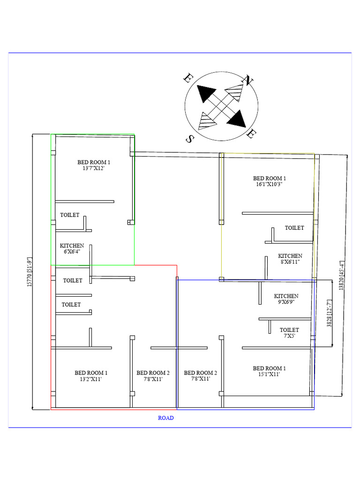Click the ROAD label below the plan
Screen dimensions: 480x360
[x=165, y=418]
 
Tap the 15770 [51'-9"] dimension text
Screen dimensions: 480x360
[x=29, y=272]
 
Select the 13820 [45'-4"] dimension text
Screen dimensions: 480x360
[x=342, y=277]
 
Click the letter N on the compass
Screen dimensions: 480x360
[x=247, y=81]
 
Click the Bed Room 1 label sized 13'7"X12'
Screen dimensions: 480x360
[x=94, y=165]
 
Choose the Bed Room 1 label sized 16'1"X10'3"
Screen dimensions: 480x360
[x=269, y=181]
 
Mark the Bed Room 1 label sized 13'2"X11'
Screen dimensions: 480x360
[x=91, y=376]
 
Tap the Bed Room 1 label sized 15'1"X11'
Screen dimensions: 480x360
[x=269, y=371]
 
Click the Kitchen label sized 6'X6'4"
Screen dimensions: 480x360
[x=72, y=248]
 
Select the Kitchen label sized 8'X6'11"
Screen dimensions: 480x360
[x=290, y=259]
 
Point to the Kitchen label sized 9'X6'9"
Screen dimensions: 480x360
[x=286, y=299]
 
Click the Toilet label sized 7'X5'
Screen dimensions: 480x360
[x=289, y=333]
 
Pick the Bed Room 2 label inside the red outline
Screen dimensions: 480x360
[x=153, y=376]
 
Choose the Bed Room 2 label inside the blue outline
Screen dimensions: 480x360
[x=200, y=376]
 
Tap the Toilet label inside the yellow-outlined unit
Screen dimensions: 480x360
[x=294, y=228]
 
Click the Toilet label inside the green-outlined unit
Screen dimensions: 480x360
[x=70, y=215]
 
